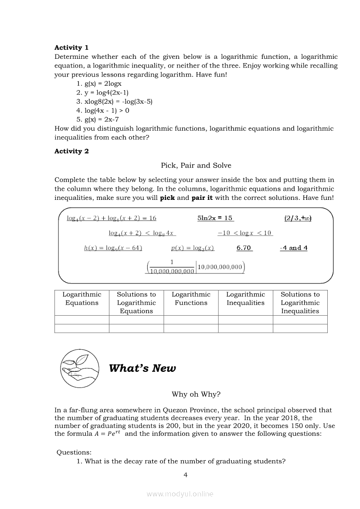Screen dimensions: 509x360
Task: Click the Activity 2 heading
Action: [71, 151]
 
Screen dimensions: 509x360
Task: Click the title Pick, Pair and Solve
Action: [196, 165]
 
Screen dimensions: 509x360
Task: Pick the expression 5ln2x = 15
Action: [215, 218]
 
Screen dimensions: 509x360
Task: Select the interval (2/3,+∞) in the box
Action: [298, 218]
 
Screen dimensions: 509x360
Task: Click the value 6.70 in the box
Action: [244, 248]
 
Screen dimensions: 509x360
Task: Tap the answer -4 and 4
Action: [294, 248]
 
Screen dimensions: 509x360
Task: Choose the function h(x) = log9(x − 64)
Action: [113, 248]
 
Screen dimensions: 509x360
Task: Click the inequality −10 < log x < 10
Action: [245, 233]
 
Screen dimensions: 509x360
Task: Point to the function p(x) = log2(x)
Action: [192, 248]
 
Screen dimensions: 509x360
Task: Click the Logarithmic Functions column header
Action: [191, 299]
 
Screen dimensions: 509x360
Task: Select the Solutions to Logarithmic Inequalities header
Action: [300, 303]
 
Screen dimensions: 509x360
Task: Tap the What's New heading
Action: [143, 368]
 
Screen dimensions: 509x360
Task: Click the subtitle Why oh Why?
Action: [196, 394]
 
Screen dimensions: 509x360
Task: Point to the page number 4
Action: [186, 475]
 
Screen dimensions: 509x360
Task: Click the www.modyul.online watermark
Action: [180, 494]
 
